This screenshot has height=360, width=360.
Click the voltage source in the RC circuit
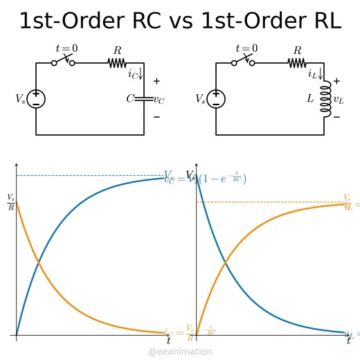click(x=36, y=99)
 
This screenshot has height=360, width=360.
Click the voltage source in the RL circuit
click(x=216, y=99)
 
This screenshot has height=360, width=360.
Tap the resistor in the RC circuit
click(x=117, y=63)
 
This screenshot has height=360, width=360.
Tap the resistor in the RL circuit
click(x=297, y=63)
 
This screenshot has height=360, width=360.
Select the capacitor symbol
click(x=143, y=99)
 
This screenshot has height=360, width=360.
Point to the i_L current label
click(x=314, y=71)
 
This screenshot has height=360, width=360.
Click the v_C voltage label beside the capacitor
click(x=159, y=99)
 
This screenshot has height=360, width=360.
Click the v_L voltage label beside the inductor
click(x=339, y=99)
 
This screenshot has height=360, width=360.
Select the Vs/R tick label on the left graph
click(x=10, y=201)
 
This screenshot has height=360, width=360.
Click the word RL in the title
click(x=319, y=21)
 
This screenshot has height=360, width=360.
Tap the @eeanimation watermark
click(x=181, y=352)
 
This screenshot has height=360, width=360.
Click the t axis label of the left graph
click(x=168, y=340)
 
